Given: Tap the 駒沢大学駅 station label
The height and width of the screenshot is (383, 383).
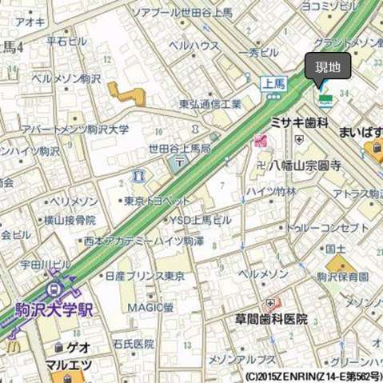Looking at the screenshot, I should [x=54, y=309].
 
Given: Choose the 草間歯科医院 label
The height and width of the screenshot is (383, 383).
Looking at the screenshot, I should [x=271, y=318].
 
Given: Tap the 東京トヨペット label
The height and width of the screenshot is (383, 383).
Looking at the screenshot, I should [x=158, y=201].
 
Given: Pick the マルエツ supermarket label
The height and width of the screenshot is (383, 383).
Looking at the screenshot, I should [x=68, y=365].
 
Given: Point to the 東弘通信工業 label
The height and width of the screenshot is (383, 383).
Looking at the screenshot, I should [x=210, y=104].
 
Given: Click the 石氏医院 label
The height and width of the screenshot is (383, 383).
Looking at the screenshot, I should [x=133, y=344].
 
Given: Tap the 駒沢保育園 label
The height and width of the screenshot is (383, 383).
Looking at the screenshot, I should [x=341, y=277].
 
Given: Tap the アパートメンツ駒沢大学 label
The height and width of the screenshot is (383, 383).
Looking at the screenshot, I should [x=75, y=130].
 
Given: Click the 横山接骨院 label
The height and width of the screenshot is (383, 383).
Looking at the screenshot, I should [x=70, y=219].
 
